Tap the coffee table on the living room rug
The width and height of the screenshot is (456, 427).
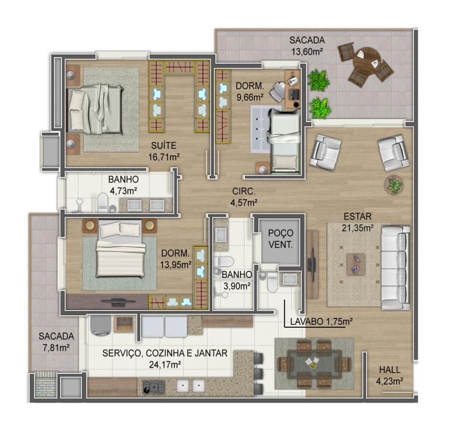(356, 264)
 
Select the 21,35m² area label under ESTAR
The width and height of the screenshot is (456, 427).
(357, 228)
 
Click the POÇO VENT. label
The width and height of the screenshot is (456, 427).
(280, 239)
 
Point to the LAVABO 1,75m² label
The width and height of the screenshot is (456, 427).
(321, 322)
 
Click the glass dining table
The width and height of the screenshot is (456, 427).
(315, 364)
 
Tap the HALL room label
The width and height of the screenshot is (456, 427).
(390, 369)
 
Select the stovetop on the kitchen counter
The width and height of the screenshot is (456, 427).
(153, 387)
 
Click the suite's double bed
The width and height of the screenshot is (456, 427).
(95, 109)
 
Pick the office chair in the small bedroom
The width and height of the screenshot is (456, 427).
(278, 92)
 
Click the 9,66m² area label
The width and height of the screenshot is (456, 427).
(250, 97)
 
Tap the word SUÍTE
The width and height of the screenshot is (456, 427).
(164, 145)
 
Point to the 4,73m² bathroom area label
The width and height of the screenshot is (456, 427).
(123, 191)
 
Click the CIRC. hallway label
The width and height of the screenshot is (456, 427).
(244, 191)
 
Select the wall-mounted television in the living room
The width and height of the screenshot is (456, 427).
(312, 265)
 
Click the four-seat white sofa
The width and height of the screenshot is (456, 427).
(396, 267)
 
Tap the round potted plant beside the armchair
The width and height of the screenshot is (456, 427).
(394, 185)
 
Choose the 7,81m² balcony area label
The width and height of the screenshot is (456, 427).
(56, 348)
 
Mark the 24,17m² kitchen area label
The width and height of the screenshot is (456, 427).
(165, 365)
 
